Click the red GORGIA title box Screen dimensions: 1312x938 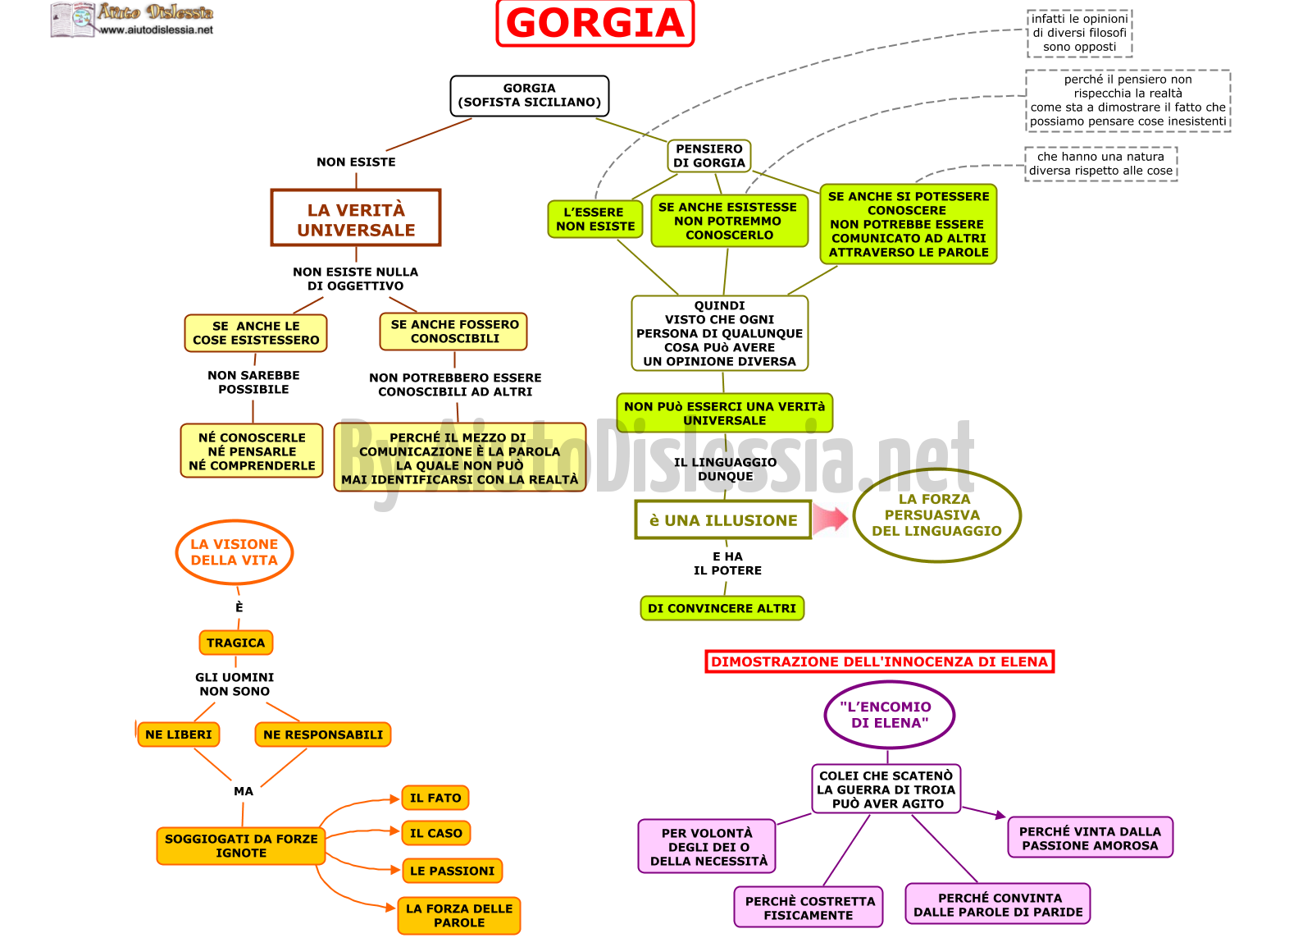(595, 23)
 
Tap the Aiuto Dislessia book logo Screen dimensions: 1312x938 (73, 20)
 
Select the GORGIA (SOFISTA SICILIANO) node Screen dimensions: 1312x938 (530, 95)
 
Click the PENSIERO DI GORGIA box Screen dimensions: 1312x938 (708, 156)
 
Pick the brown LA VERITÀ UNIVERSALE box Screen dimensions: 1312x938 (356, 217)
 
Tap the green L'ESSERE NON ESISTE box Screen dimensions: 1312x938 (595, 219)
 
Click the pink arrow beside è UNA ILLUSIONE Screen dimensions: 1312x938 (831, 519)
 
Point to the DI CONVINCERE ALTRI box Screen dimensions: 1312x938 (722, 608)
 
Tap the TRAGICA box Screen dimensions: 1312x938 (236, 643)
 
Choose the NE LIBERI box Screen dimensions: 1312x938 (179, 734)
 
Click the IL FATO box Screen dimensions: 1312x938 (435, 798)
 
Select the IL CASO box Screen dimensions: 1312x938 (435, 833)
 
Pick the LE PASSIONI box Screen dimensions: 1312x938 (452, 871)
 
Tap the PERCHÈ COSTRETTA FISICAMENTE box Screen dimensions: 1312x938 (809, 908)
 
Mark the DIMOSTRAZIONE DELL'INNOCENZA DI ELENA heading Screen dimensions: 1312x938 (880, 662)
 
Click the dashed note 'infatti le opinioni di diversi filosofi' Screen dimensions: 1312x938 (1079, 33)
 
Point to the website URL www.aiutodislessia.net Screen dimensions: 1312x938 (156, 30)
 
